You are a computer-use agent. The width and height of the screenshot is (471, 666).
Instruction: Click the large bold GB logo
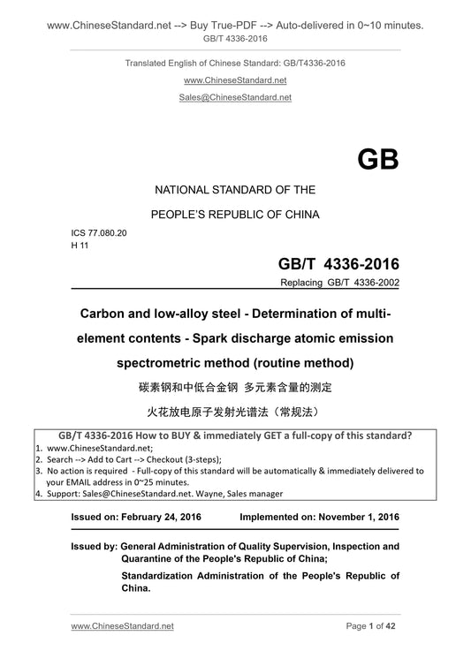pos(377,160)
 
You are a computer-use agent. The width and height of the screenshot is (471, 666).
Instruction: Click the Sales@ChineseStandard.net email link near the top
pos(235,97)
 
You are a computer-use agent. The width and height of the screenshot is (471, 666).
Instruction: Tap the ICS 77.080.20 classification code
pos(99,233)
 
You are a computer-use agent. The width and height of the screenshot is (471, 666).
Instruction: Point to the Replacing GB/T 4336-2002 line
pos(339,284)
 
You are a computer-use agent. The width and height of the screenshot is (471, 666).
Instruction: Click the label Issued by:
pos(93,547)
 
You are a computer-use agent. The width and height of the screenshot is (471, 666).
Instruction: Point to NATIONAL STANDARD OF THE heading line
pos(235,190)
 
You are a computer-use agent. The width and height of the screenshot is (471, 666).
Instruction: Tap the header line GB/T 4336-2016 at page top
pos(235,40)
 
